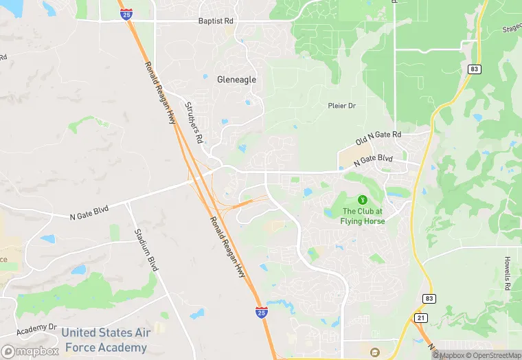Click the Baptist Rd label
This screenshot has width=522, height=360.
point(216,21)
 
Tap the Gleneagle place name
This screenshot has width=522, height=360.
point(236,80)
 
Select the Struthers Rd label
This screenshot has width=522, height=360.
point(194,122)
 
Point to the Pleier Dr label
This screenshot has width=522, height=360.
point(341,106)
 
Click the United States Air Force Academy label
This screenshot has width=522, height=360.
point(104,340)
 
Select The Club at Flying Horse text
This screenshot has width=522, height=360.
point(363,216)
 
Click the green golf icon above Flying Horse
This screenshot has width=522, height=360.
point(363,199)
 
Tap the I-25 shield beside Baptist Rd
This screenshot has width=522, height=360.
point(126,13)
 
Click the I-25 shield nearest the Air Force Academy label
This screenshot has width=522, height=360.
point(262,313)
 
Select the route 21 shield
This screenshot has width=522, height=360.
point(420,317)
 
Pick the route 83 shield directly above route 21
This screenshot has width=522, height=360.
point(429,299)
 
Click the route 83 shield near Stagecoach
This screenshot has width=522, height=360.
point(473,69)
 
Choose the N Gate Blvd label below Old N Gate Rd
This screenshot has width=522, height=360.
point(373,161)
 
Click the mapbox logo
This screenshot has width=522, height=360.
point(30,351)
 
